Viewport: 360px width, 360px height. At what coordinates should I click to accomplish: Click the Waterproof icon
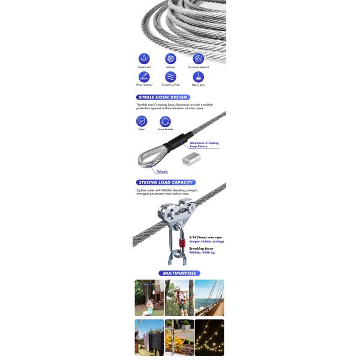tap(144, 58)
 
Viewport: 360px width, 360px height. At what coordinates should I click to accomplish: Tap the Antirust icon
tap(171, 58)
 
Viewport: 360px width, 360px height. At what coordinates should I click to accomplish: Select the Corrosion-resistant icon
tap(198, 58)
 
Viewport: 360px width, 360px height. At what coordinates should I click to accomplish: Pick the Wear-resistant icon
tap(144, 77)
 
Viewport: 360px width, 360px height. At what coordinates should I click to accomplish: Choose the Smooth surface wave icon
tap(171, 77)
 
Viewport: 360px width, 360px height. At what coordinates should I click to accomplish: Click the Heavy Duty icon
tap(198, 77)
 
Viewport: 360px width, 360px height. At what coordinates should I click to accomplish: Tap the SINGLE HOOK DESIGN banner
tap(163, 97)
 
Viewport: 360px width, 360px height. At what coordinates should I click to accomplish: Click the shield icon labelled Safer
tap(142, 121)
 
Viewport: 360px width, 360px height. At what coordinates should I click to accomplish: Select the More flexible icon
tap(166, 121)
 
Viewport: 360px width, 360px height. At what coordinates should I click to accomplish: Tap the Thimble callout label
tap(161, 172)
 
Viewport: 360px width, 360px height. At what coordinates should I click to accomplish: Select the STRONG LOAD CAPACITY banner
tap(166, 182)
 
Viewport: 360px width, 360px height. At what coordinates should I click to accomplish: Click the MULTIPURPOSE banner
tap(179, 273)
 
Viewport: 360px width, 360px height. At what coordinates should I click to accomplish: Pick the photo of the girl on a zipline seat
tap(149, 298)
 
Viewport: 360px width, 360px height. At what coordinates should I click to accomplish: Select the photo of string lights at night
tap(209, 337)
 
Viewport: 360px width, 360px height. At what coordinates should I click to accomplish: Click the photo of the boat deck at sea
tap(209, 298)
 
